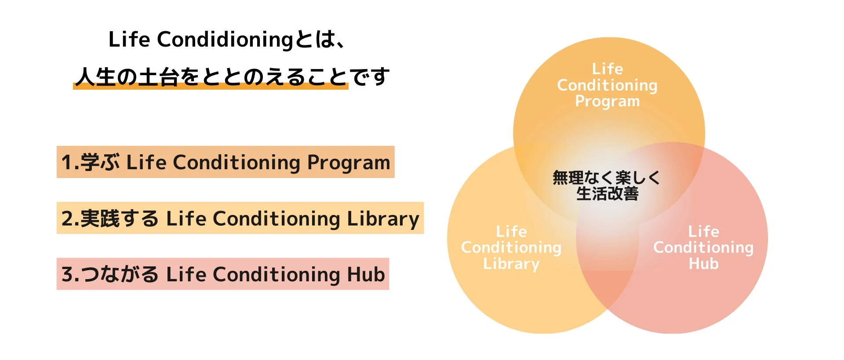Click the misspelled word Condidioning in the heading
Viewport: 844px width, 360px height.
[225, 40]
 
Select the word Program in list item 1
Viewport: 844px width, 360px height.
[348, 163]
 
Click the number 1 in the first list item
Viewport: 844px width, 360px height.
[66, 162]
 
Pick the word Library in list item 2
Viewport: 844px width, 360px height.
[383, 219]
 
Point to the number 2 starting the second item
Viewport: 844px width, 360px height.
[67, 218]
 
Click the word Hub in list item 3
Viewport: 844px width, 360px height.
[366, 275]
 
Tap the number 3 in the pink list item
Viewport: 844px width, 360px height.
[67, 274]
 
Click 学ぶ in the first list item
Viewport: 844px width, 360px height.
[100, 162]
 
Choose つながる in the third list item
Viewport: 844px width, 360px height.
[120, 274]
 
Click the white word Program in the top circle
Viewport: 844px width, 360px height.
[607, 102]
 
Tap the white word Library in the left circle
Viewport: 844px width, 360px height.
[511, 264]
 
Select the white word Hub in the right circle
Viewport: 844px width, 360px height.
[703, 264]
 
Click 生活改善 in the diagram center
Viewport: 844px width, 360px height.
[607, 194]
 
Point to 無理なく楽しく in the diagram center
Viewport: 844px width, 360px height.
[606, 178]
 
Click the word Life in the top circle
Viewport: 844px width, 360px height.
[607, 69]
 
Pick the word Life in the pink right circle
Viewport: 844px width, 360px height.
[703, 232]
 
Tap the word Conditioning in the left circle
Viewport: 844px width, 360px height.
[511, 248]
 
